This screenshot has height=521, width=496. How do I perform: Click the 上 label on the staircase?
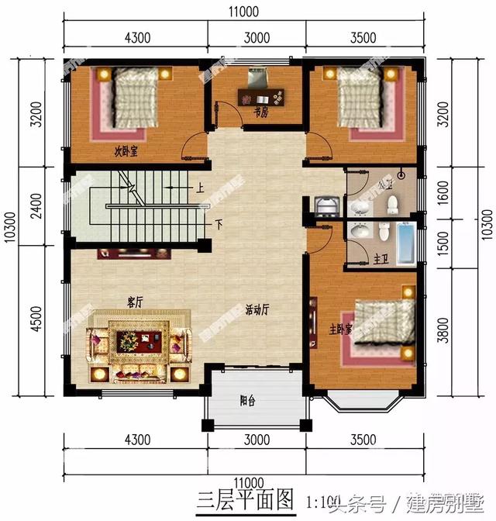[x=200, y=188]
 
